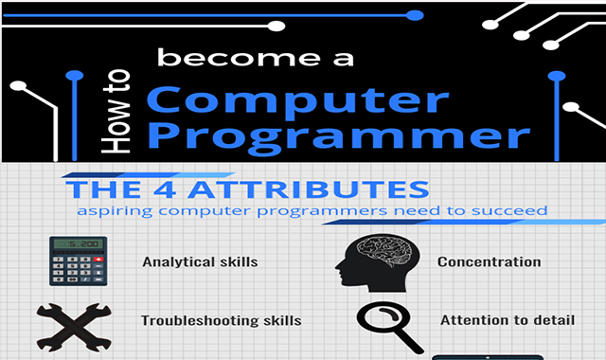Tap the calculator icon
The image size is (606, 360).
tap(78, 261)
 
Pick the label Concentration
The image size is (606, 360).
tap(489, 261)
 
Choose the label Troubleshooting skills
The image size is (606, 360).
tap(221, 320)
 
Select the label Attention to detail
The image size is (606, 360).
tap(507, 320)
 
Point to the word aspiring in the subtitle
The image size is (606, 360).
tap(113, 209)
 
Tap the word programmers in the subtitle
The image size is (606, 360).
tap(310, 209)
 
